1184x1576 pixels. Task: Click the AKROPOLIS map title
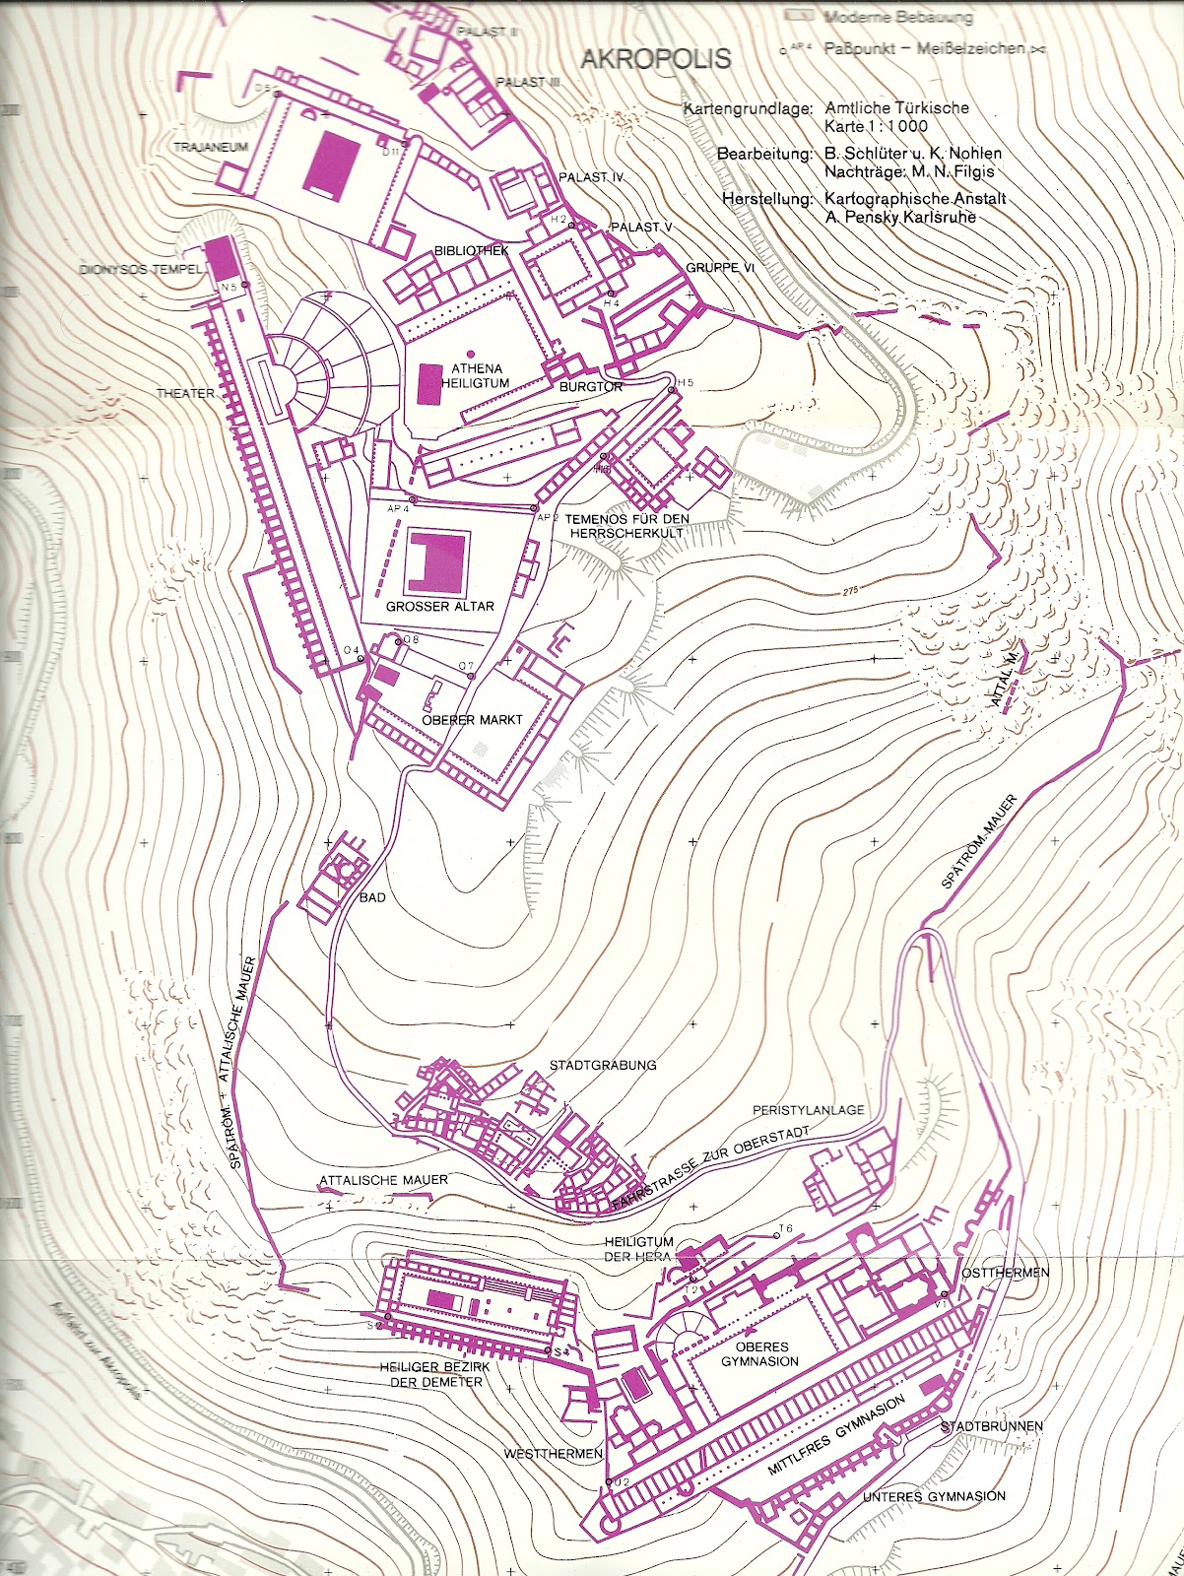(x=656, y=59)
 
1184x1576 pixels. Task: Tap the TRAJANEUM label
(x=211, y=147)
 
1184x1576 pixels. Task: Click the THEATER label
(x=185, y=393)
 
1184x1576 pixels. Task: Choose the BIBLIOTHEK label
(x=472, y=251)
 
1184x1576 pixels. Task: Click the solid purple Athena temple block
(x=429, y=383)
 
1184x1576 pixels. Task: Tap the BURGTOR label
(x=591, y=387)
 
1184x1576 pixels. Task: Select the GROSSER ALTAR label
(x=440, y=607)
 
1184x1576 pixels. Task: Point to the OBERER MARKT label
(x=472, y=720)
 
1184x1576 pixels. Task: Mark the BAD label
(x=372, y=898)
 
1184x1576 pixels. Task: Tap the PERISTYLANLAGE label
(x=809, y=1110)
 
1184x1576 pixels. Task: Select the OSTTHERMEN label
(x=1005, y=1273)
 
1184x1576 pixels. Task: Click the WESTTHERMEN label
(x=554, y=1454)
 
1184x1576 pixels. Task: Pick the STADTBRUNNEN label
(x=991, y=1426)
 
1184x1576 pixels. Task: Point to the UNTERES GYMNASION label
(x=934, y=1496)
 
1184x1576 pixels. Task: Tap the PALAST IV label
(x=592, y=177)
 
